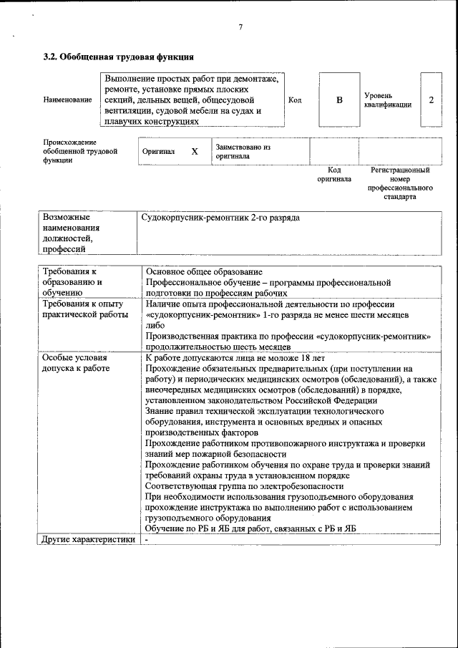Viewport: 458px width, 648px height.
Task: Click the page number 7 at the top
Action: (x=240, y=27)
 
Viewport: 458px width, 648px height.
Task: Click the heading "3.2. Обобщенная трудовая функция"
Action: (x=119, y=56)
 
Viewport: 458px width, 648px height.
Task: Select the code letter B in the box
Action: (x=339, y=100)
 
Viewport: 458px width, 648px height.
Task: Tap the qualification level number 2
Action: (x=431, y=100)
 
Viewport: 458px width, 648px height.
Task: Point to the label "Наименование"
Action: (x=67, y=100)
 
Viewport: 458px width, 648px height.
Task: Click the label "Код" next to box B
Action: (x=295, y=100)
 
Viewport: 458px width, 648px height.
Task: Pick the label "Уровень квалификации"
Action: (x=387, y=100)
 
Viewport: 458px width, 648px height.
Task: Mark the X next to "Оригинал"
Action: (x=194, y=152)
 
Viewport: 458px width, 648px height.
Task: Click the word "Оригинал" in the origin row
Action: (x=158, y=152)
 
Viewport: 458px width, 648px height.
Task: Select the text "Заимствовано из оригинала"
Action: (x=243, y=151)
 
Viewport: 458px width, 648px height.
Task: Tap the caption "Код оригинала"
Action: (x=334, y=175)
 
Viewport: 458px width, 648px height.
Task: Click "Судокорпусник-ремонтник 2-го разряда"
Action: (x=220, y=217)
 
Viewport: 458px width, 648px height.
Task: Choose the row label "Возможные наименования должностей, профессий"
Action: (x=72, y=233)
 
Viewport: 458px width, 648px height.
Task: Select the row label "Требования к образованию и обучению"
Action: (x=72, y=282)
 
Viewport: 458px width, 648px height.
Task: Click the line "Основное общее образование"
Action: (x=203, y=272)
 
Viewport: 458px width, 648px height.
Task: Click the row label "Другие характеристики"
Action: (x=88, y=540)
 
